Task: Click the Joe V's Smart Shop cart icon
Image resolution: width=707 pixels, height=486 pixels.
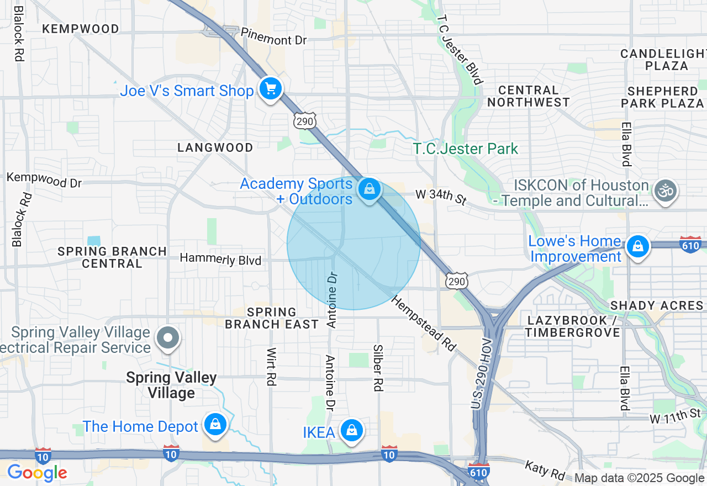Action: tap(270, 88)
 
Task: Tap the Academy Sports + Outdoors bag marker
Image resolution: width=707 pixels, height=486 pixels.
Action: tap(369, 189)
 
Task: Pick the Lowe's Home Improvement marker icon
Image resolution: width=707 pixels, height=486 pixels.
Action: tap(638, 246)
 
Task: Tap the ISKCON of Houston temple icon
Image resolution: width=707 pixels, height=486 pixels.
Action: tap(666, 191)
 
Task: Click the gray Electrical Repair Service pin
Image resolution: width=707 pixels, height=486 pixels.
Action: tap(168, 337)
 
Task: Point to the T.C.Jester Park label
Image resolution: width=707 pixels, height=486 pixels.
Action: tap(466, 149)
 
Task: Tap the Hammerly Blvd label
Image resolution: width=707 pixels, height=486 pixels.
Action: tap(221, 258)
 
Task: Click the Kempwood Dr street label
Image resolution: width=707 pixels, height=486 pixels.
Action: tap(44, 179)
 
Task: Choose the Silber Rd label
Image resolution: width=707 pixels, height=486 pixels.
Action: tap(378, 368)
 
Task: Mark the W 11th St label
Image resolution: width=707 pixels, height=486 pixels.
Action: tap(674, 415)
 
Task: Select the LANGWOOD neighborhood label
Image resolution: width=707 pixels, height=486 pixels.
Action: tap(215, 147)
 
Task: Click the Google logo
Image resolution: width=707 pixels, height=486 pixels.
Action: tap(37, 473)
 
